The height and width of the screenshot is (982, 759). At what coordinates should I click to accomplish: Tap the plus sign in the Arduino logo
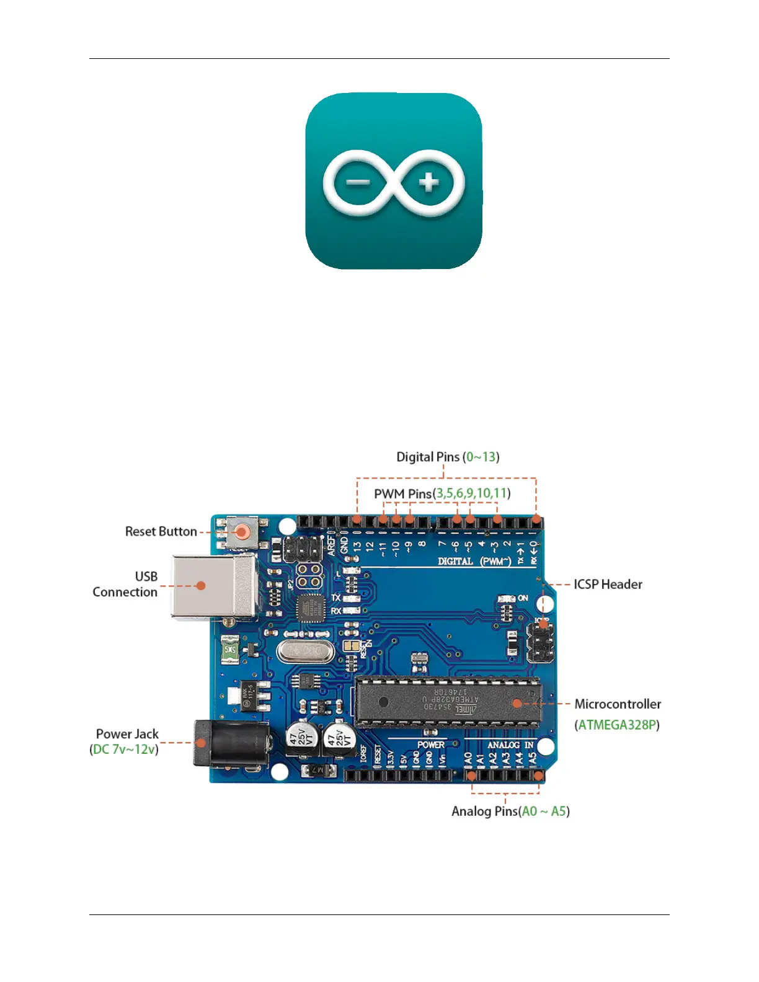point(428,182)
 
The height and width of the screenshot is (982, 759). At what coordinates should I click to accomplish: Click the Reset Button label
point(161,532)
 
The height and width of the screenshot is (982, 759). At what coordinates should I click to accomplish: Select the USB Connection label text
point(125,584)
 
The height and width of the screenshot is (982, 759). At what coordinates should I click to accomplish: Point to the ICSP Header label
point(608,585)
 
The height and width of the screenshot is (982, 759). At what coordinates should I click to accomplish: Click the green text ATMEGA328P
point(618,725)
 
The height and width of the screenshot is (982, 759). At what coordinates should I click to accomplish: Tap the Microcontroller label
point(618,704)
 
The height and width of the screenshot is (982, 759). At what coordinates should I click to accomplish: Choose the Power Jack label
point(127,734)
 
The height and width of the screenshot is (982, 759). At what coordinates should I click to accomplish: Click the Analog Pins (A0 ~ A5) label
point(510,812)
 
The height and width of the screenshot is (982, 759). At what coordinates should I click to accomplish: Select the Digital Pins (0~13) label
point(448,458)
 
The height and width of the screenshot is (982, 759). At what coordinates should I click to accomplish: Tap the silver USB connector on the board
point(214,586)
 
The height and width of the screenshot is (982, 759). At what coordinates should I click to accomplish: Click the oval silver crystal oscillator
point(305,651)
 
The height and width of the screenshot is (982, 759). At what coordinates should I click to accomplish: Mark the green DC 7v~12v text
point(124,750)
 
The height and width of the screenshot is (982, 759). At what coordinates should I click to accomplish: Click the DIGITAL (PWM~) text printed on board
point(474,561)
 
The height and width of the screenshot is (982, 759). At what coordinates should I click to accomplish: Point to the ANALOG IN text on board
point(510,745)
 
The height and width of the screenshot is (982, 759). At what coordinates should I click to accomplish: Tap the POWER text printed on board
point(430,745)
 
